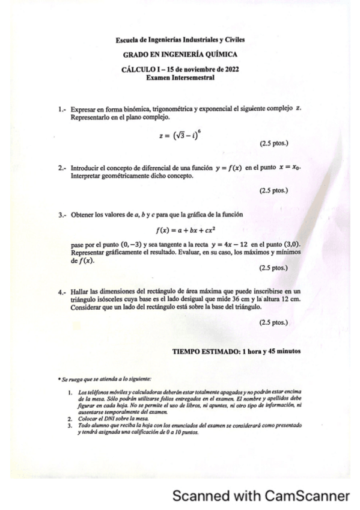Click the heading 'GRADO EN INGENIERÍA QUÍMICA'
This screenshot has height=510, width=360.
coord(180,55)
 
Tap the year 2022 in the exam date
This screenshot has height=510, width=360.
coord(230,69)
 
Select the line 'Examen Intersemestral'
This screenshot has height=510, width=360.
coord(180,78)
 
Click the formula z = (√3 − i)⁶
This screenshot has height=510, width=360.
coord(179,136)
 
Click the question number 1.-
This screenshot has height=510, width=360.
coord(63,110)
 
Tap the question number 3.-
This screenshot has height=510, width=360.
coord(63,215)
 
